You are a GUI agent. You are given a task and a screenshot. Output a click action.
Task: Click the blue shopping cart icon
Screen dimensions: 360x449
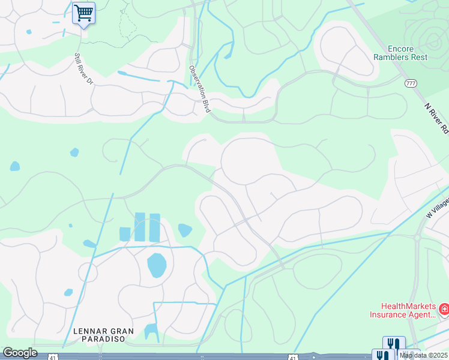point(83,12)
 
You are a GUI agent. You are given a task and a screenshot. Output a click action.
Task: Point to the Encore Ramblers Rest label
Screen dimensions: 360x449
point(408,53)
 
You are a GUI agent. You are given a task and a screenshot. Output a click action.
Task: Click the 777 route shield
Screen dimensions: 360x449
point(411,83)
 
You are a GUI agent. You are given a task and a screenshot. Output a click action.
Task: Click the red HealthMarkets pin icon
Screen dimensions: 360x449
point(444,310)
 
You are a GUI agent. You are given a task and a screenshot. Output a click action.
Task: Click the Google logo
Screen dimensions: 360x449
point(20,353)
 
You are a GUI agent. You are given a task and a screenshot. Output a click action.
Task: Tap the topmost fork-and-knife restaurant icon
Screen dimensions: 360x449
point(393,343)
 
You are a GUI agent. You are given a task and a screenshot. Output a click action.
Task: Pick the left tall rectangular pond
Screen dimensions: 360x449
point(140,227)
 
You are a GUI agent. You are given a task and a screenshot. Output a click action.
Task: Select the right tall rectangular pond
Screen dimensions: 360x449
point(154,227)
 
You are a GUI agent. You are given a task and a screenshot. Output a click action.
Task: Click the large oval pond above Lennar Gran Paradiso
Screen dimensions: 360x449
point(157,265)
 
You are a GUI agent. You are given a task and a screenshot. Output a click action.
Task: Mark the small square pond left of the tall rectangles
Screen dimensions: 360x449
point(125,233)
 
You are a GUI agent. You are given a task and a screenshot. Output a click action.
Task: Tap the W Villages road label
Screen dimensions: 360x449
point(438,208)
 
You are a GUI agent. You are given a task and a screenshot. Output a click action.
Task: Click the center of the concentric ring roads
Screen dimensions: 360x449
point(431,41)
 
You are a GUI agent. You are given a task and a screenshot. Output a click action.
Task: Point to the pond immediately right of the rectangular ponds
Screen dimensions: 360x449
point(185,230)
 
